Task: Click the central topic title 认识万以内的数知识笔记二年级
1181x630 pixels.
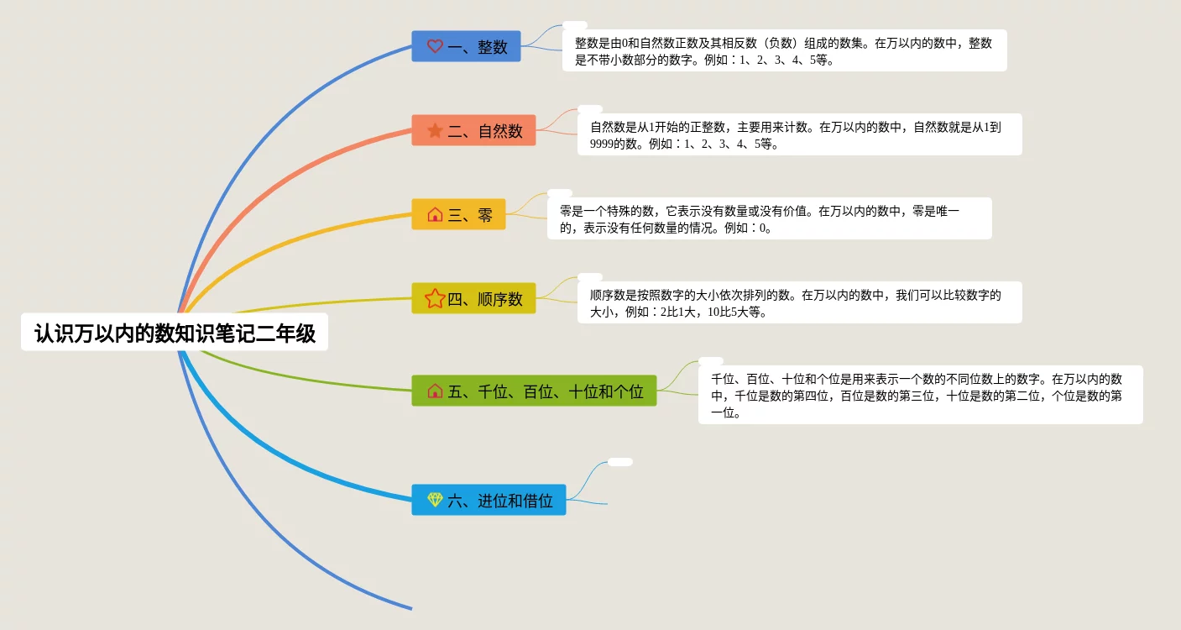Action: (175, 332)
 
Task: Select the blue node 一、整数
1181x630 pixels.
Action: (466, 46)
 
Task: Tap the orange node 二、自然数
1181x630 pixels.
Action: (473, 130)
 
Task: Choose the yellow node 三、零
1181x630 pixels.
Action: (458, 214)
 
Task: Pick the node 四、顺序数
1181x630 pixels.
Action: (473, 299)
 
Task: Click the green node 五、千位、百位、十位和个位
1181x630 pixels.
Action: (534, 391)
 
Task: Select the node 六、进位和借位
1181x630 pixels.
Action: (489, 500)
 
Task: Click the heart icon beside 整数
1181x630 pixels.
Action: (435, 46)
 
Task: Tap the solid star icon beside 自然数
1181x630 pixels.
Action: (435, 130)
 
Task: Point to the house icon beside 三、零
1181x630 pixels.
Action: (435, 214)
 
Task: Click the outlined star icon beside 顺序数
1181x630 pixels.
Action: (435, 298)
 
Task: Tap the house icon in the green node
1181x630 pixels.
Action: (435, 391)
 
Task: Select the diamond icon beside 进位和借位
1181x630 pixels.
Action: (435, 499)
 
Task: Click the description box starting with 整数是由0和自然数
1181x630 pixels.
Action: (785, 50)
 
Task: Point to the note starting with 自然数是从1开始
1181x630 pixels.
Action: (800, 134)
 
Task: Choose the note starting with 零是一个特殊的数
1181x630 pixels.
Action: (770, 218)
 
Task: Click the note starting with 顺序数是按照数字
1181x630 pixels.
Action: (800, 302)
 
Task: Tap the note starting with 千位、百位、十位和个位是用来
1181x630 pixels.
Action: (921, 395)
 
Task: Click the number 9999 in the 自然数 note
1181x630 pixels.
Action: (602, 144)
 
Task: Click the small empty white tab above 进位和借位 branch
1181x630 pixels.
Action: (620, 462)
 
